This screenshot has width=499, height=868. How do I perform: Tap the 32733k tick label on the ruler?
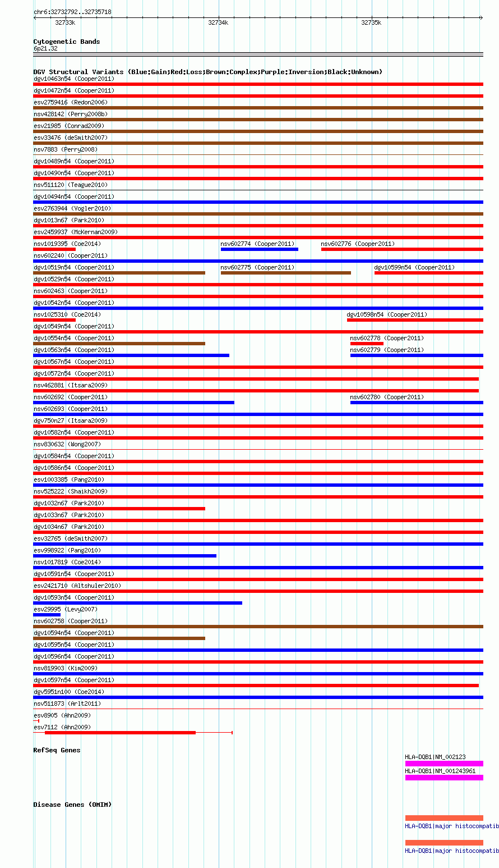click(65, 22)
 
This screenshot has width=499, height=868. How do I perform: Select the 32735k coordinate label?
click(371, 22)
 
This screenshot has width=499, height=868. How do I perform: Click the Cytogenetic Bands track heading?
click(66, 42)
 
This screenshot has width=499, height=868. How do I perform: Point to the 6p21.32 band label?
click(45, 48)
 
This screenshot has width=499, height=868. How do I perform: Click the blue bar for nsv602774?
click(259, 249)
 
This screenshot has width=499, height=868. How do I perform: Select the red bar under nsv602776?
click(401, 249)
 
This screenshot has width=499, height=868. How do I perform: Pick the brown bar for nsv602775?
click(285, 273)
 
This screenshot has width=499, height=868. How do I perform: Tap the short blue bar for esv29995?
click(47, 615)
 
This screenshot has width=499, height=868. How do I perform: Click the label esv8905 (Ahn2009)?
click(62, 715)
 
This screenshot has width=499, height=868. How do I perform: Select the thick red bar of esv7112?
click(120, 733)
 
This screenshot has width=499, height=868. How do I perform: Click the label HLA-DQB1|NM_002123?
click(435, 757)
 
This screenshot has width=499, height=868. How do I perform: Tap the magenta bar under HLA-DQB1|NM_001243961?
click(443, 778)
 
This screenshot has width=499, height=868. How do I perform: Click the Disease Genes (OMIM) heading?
click(72, 805)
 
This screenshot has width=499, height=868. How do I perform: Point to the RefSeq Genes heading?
click(57, 750)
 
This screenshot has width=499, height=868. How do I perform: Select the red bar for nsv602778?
click(367, 344)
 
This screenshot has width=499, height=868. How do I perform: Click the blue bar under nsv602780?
click(416, 403)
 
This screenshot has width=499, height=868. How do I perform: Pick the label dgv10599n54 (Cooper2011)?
click(414, 267)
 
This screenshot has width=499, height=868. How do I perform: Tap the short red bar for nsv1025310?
click(54, 320)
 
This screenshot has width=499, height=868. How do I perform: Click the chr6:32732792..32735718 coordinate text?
click(72, 12)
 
